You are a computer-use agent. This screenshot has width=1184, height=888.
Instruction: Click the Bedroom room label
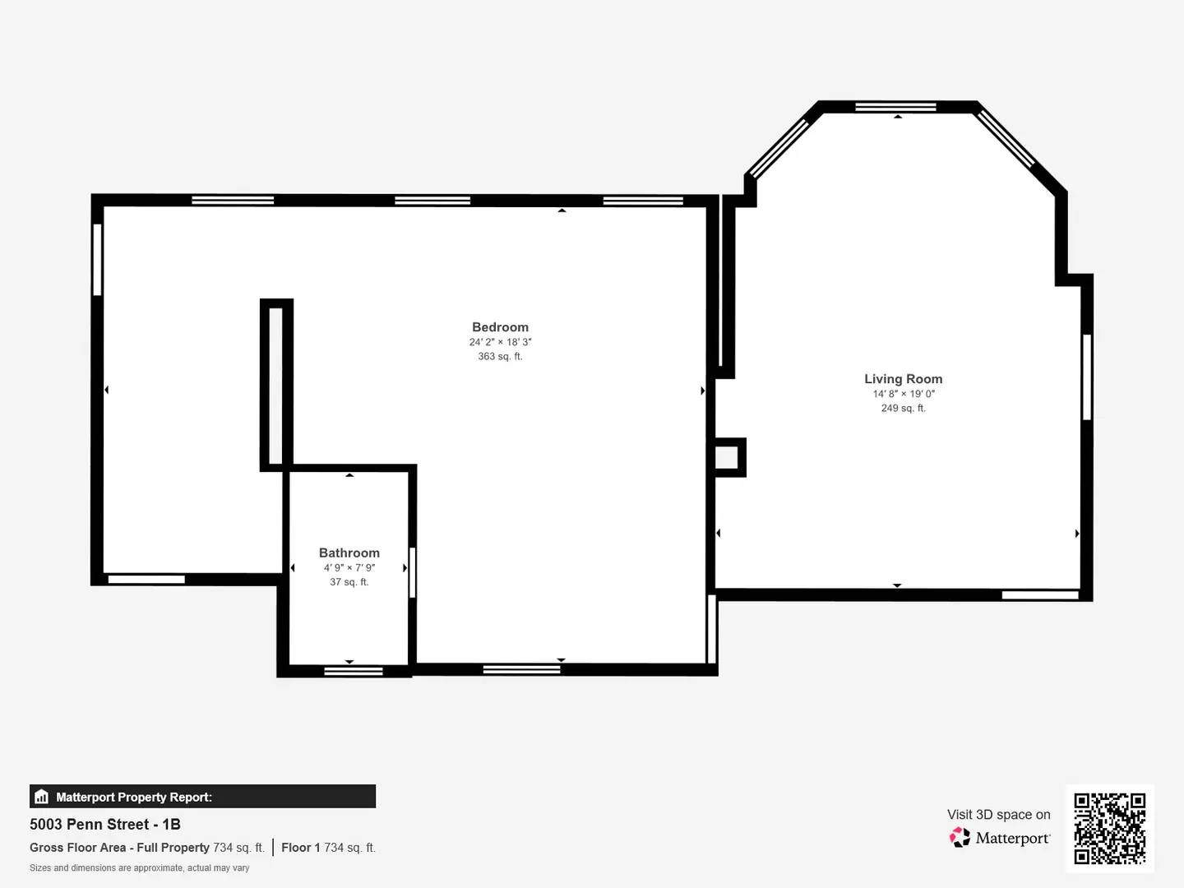[x=500, y=327]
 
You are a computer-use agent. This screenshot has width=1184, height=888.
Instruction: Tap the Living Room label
[x=903, y=379]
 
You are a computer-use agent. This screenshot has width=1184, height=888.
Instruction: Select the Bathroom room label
[x=349, y=553]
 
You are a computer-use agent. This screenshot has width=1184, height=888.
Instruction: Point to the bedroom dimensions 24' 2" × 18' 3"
[x=500, y=342]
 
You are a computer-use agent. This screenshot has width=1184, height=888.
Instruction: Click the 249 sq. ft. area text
[x=903, y=409]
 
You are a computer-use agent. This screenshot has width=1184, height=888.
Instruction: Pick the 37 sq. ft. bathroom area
[x=349, y=582]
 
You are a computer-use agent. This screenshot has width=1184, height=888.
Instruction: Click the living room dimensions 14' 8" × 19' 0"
[x=903, y=394]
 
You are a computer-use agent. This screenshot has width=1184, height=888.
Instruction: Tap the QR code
[x=1109, y=829]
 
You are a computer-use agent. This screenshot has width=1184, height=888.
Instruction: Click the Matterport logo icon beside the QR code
[x=960, y=838]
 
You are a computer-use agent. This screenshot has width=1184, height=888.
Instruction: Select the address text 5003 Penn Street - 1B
[x=105, y=825]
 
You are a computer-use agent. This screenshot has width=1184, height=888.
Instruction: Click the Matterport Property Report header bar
[x=202, y=797]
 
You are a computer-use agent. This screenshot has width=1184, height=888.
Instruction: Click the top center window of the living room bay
[x=895, y=107]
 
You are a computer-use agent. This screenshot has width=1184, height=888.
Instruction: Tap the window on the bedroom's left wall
[x=97, y=259]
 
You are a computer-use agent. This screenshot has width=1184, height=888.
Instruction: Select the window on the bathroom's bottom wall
[x=353, y=672]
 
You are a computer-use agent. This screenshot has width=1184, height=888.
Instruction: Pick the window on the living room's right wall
[x=1086, y=377]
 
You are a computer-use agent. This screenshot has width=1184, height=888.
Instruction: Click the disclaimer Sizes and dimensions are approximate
[x=139, y=868]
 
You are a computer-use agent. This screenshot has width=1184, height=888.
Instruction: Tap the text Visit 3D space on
[x=998, y=815]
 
